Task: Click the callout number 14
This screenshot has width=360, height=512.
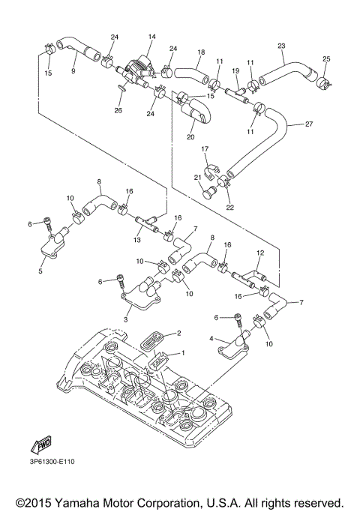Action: click(x=151, y=37)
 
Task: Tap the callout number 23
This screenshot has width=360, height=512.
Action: click(x=281, y=46)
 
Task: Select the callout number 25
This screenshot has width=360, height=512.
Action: click(x=325, y=58)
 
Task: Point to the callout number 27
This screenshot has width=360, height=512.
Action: click(x=310, y=124)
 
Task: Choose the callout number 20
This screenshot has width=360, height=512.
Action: click(x=190, y=137)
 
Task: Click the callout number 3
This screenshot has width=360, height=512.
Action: click(x=125, y=319)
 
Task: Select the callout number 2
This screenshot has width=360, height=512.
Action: click(x=178, y=332)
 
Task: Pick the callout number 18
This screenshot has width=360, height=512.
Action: click(x=200, y=52)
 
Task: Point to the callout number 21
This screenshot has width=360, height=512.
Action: click(x=199, y=177)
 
